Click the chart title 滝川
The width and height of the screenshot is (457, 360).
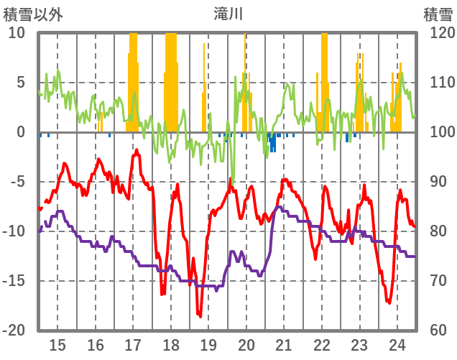pos(228,13)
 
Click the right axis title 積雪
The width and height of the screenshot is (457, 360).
pos(437,13)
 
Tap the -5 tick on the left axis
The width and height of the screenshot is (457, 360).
pos(17,182)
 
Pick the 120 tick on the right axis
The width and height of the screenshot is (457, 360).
pos(438,33)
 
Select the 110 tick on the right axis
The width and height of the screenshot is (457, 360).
pos(438,83)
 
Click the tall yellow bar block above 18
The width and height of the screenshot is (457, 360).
pos(171,79)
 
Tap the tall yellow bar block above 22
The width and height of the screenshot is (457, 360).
pos(324,79)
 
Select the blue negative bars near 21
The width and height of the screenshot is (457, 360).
pos(272,142)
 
